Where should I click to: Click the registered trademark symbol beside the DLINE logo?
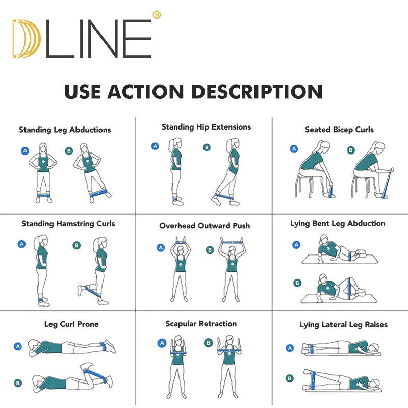pos(157,15)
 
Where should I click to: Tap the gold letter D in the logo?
pos(26,39)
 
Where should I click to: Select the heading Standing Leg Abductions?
pos(65,130)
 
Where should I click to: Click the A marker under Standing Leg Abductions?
pos(25,150)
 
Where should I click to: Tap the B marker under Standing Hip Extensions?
pos(207,147)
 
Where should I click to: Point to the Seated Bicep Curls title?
pos(339,130)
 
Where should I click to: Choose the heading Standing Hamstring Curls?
pos(68,224)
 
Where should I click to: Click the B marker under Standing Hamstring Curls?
pos(76,245)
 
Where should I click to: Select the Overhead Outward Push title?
pos(205,226)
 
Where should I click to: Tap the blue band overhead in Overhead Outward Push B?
pos(232,243)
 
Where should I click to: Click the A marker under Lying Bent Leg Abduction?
pos(296,245)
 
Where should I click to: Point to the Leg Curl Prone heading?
pos(71,324)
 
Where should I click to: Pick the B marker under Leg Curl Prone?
pos(18,383)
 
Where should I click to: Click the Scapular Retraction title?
pos(201,324)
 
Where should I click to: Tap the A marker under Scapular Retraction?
pos(162,343)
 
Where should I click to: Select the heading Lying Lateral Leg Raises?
pos(343,325)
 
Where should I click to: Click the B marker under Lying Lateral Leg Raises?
pos(290,378)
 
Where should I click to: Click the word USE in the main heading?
pos(83,92)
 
